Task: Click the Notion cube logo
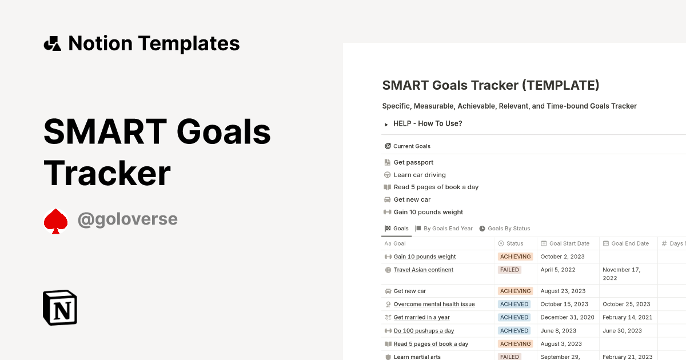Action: [x=60, y=307]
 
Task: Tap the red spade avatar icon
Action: [x=55, y=221]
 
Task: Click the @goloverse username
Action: [x=127, y=219]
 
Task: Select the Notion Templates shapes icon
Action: [x=52, y=43]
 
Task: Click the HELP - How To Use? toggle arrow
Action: [x=386, y=124]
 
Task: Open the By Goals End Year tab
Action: [x=448, y=229]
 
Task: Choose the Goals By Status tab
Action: [x=508, y=229]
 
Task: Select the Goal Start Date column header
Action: [x=569, y=243]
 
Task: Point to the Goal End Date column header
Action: [x=630, y=243]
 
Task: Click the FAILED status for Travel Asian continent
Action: [x=509, y=270]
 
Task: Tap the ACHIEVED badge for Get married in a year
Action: [x=514, y=317]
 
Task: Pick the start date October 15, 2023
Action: [x=564, y=304]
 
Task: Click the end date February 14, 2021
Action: [x=627, y=317]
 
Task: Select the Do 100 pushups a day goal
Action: [x=424, y=331]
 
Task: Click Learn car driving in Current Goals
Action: [x=420, y=175]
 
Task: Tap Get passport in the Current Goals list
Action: [x=413, y=162]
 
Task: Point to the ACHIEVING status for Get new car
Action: [x=516, y=291]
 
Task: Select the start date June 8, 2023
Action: [x=559, y=330]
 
